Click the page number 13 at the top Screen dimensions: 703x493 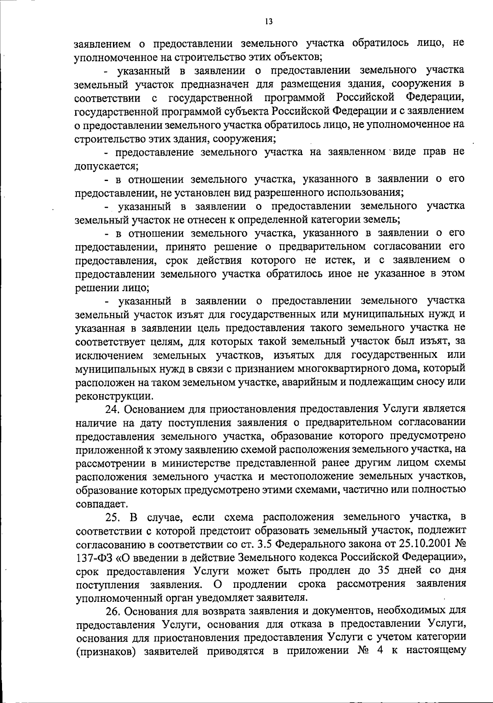[x=269, y=21]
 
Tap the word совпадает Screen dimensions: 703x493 [x=97, y=504]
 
